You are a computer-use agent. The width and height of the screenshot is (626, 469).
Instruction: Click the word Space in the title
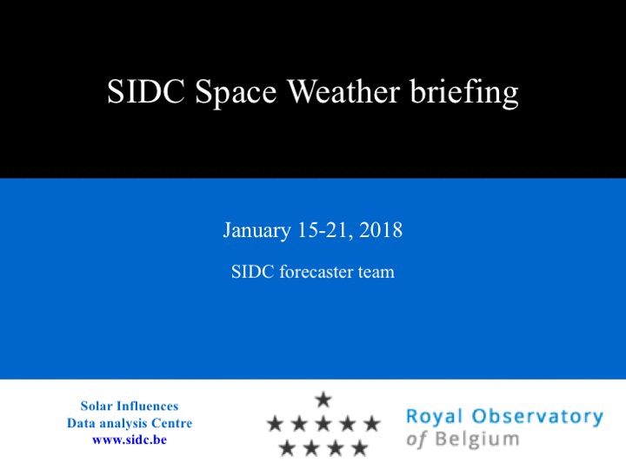pyautogui.click(x=236, y=94)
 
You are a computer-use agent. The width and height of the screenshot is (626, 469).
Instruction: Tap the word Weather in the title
pyautogui.click(x=343, y=91)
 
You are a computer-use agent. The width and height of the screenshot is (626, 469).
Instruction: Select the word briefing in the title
pyautogui.click(x=464, y=93)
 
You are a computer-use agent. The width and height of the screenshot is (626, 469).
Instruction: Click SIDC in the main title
pyautogui.click(x=146, y=91)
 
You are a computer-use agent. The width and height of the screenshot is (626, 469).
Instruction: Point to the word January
pyautogui.click(x=256, y=230)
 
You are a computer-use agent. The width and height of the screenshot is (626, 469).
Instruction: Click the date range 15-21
pyautogui.click(x=325, y=230)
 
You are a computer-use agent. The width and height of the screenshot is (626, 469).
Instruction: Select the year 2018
pyautogui.click(x=381, y=229)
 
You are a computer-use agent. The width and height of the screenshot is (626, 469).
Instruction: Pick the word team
pyautogui.click(x=376, y=273)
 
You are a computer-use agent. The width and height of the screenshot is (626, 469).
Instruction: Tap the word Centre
pyautogui.click(x=171, y=423)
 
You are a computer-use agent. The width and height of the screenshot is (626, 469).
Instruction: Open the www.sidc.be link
pyautogui.click(x=130, y=439)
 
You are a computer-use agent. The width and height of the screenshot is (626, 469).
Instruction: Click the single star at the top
pyautogui.click(x=323, y=400)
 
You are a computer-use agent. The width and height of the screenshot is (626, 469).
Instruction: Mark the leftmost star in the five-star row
pyautogui.click(x=275, y=423)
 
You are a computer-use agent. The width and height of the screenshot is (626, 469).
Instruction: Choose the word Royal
pyautogui.click(x=435, y=417)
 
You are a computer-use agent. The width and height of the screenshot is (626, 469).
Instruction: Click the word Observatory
pyautogui.click(x=537, y=416)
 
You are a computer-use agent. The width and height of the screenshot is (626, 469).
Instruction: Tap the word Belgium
pyautogui.click(x=477, y=439)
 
